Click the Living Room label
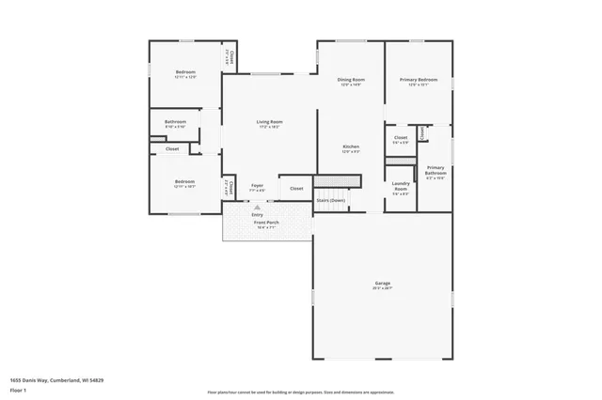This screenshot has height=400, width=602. (270, 121)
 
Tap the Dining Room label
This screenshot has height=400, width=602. (351, 80)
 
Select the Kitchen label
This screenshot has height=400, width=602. (351, 147)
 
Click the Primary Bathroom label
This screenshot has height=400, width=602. (436, 170)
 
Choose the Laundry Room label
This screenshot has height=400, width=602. (401, 186)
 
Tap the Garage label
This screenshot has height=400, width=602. (382, 283)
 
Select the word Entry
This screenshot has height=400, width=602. (257, 214)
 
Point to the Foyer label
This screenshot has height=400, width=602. (257, 187)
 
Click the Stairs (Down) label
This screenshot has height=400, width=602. (330, 200)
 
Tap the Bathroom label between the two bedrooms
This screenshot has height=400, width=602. (175, 121)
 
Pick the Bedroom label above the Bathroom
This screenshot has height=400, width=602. (184, 72)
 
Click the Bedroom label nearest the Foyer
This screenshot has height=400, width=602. (184, 181)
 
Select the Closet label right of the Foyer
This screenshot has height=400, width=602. (296, 189)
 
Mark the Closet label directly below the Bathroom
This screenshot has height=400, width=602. (172, 148)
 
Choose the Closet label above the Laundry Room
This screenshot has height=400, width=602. (400, 138)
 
